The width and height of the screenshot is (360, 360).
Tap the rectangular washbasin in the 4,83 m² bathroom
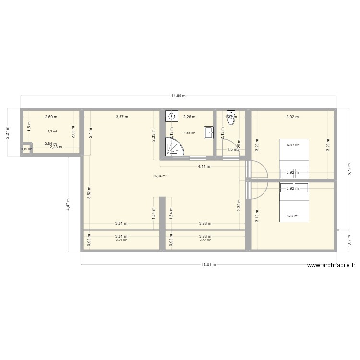pos(208,132)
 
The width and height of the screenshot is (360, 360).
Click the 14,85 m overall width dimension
pos(179,96)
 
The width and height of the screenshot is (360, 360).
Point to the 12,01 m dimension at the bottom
pos(209,264)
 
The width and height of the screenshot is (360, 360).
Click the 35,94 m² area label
pos(159,176)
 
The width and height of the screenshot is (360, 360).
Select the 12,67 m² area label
pos(292,144)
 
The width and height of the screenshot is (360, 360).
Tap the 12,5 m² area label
pos(292,216)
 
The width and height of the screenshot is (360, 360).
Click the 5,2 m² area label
pos(52,131)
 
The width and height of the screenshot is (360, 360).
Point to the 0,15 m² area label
pos(26,149)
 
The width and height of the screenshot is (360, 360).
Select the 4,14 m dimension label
pos(205,167)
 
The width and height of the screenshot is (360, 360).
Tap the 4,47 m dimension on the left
pos(68,204)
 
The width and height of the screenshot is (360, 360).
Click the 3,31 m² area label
pos(121,240)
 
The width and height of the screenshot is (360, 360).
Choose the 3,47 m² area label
pos(205,240)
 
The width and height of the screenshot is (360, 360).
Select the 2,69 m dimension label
pos(51,117)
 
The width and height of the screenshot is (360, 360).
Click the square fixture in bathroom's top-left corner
pos(171,117)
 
